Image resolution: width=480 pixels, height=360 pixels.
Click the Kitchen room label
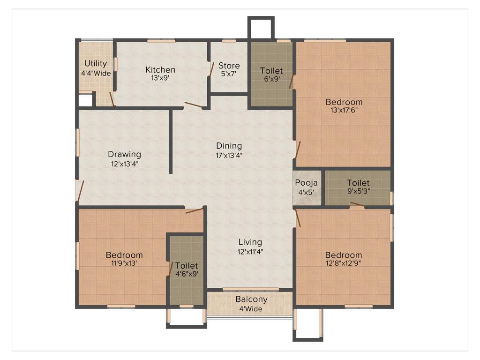coord(160,70)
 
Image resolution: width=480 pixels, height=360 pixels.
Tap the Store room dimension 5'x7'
coord(229,74)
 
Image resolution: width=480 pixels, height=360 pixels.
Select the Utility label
coord(96,63)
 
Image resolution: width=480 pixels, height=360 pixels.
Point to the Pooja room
coord(307,187)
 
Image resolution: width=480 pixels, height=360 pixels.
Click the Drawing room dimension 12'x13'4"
coord(124,164)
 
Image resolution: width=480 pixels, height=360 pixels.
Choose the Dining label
coord(229,145)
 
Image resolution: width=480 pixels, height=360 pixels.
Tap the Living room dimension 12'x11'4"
coord(250,251)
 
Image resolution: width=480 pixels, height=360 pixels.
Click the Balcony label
coord(251,299)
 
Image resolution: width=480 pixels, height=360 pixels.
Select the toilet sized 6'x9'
coord(271,75)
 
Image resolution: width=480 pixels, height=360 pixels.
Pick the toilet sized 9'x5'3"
coord(358,187)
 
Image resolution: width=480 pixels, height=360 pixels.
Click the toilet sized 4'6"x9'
coord(187,270)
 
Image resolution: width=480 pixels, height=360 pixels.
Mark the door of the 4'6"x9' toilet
coord(170,269)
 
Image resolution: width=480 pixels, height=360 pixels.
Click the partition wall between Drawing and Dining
coord(171,141)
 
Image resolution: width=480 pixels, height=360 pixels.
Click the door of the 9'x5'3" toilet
coord(357,204)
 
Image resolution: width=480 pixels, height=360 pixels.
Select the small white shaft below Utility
coord(85,101)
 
